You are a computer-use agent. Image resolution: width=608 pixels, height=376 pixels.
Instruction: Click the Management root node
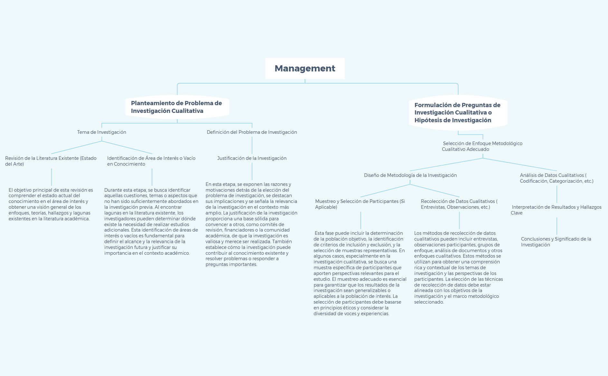click(305, 69)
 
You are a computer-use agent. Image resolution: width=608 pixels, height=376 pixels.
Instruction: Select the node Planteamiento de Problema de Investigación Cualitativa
click(176, 107)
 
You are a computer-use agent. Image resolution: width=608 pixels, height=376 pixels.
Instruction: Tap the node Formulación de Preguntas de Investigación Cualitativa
click(457, 113)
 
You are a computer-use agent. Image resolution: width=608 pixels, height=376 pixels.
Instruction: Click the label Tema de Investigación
click(101, 132)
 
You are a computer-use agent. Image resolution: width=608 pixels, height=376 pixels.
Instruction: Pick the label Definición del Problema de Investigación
click(252, 132)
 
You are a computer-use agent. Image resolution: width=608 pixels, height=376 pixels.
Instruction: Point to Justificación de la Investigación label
click(252, 158)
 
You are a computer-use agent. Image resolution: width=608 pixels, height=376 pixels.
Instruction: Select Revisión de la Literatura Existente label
click(51, 161)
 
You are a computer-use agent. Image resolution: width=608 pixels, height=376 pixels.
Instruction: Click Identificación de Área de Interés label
click(151, 161)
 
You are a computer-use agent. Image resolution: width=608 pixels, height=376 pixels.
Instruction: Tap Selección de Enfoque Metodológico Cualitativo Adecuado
click(482, 146)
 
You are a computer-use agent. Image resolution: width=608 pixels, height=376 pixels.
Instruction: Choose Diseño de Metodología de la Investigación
click(410, 175)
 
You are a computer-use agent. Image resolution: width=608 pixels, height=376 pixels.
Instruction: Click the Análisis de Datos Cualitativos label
click(556, 178)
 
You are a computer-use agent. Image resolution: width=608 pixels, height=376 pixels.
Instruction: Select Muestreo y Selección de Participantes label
click(360, 204)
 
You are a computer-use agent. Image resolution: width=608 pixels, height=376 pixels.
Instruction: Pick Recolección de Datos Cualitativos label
click(459, 204)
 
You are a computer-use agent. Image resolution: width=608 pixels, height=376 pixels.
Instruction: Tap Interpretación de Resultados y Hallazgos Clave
click(556, 210)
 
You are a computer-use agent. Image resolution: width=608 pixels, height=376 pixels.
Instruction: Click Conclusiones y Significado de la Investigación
click(556, 242)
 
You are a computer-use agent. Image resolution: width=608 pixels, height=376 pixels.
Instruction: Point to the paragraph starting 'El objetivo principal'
click(51, 204)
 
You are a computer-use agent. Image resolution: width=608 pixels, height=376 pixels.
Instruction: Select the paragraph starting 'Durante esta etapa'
click(151, 222)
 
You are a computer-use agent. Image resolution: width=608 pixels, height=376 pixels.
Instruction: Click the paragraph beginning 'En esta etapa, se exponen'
click(252, 224)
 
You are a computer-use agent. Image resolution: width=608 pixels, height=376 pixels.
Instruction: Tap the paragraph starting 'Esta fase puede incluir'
click(360, 273)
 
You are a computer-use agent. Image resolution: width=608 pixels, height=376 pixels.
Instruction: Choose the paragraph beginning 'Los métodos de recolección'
click(459, 267)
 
